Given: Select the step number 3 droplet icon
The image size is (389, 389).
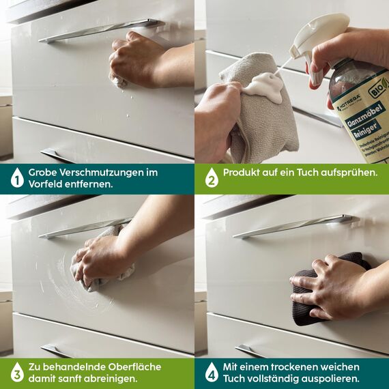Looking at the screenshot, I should coord(16,373).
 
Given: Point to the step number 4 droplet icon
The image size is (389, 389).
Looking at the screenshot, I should coord(211,373).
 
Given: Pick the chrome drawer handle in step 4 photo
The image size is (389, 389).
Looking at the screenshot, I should coord(293,226).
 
